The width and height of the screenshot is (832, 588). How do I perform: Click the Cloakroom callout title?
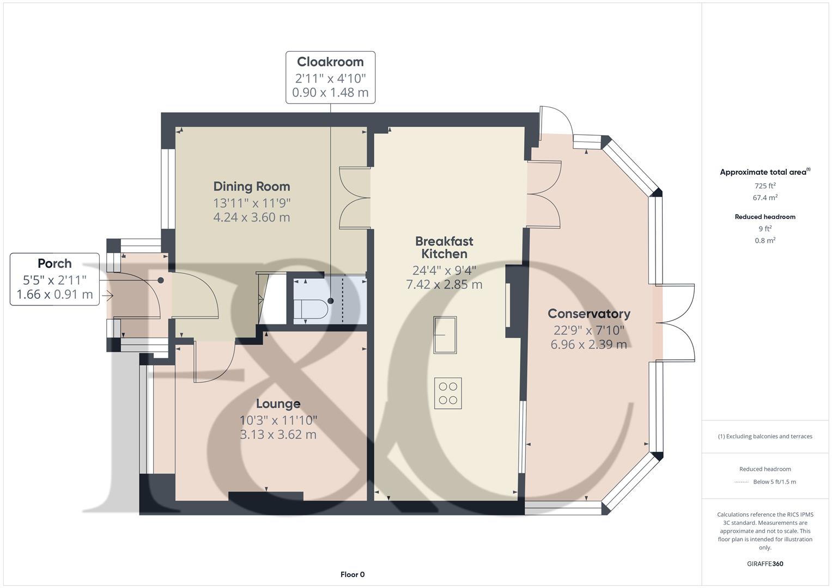click(330, 62)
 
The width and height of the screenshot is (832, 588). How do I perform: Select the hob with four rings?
click(448, 393)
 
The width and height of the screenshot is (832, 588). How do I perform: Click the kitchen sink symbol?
click(445, 335)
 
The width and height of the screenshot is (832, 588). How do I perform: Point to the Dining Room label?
click(251, 186)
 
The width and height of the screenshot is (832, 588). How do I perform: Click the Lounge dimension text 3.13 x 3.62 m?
click(278, 434)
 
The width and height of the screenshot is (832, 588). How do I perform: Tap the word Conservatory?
click(588, 314)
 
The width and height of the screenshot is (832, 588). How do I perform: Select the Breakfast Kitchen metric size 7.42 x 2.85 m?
click(444, 284)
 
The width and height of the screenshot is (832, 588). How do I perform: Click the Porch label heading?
click(54, 264)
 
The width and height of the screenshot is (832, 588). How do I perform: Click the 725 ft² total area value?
click(765, 186)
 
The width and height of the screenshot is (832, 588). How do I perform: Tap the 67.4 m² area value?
click(765, 198)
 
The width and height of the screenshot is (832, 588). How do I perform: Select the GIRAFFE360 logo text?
click(765, 563)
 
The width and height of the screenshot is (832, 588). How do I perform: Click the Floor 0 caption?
click(353, 574)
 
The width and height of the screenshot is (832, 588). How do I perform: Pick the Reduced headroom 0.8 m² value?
click(765, 240)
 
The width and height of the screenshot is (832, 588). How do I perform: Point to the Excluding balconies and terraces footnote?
click(765, 436)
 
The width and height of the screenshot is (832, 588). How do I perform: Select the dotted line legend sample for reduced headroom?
click(742, 482)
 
